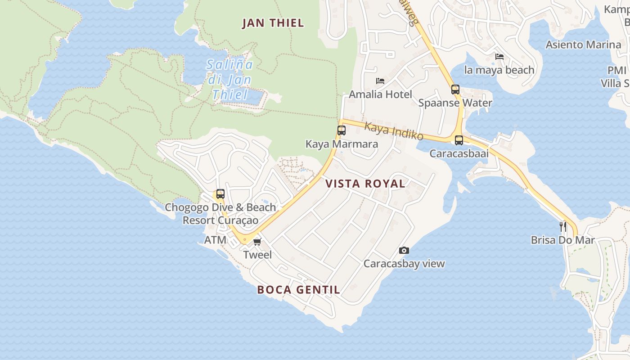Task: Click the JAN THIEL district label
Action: pos(273,23)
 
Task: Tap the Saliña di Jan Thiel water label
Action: pos(229,80)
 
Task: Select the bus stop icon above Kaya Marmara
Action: pos(342,130)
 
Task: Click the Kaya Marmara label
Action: pos(342,144)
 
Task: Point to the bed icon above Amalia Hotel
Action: pos(380,81)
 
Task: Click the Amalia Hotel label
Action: pos(380,94)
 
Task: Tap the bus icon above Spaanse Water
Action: pos(455,89)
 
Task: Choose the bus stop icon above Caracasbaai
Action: pos(459,140)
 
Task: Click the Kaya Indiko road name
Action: pos(394,130)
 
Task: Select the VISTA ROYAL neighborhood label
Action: pos(365,184)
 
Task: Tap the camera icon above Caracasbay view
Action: pos(404,250)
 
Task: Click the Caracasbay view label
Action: pos(404,264)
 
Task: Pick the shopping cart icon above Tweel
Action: pos(257,242)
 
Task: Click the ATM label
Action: pos(216,240)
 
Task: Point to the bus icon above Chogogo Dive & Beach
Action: pos(220,194)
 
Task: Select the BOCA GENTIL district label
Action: pos(298,290)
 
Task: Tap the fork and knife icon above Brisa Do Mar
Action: pos(562,226)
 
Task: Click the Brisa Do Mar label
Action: pos(562,240)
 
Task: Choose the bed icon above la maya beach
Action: pos(499,57)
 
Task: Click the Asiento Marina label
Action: pos(583,45)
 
